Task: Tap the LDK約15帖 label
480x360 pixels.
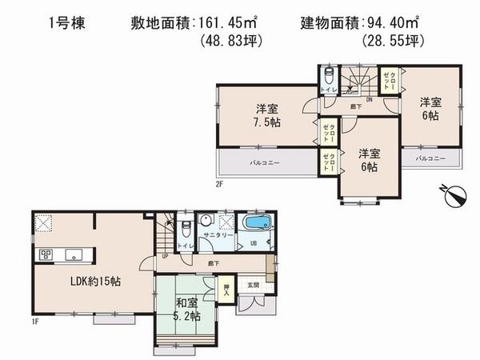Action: click(73, 282)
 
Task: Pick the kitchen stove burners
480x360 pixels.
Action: click(43, 255)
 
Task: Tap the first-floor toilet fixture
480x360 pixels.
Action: click(184, 227)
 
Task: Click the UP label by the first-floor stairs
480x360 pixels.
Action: click(165, 257)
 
